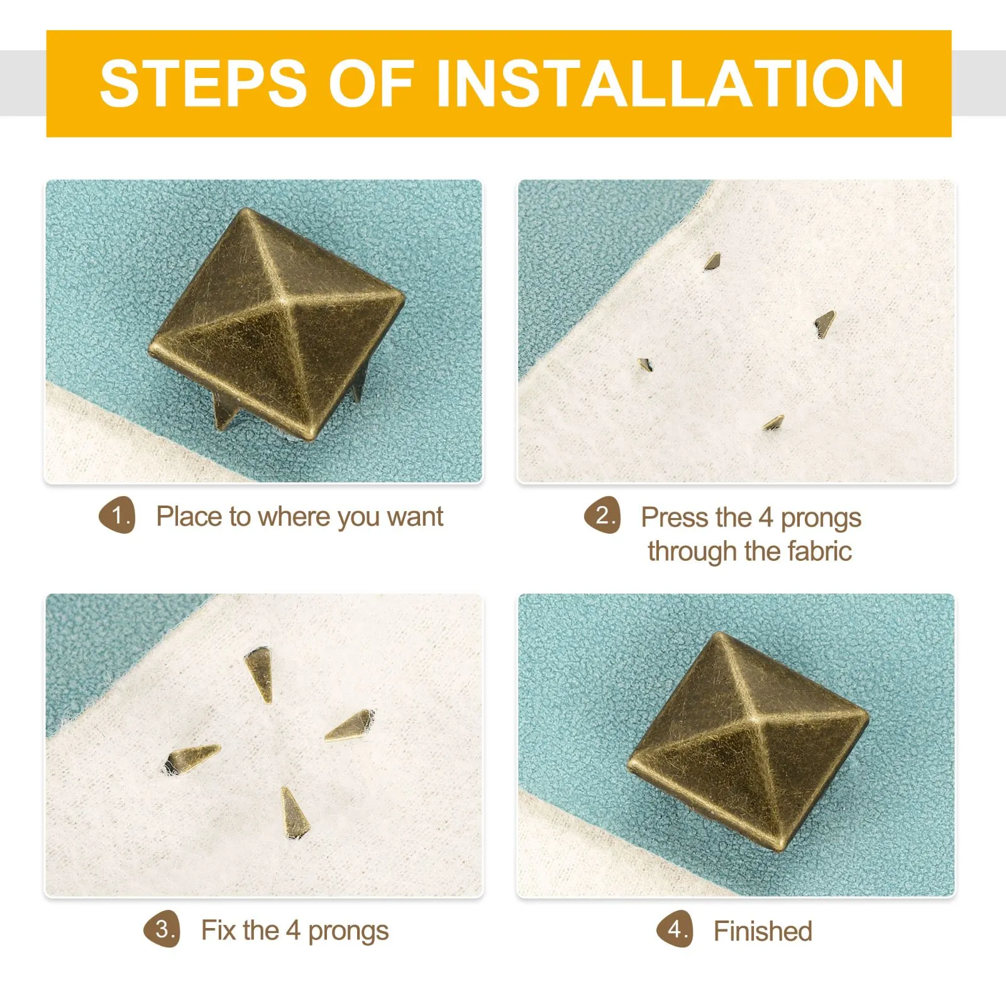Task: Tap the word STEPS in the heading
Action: [x=203, y=83]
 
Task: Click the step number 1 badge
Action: [x=118, y=516]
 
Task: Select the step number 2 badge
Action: [x=603, y=516]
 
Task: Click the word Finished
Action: [x=763, y=931]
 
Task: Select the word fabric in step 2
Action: [x=819, y=551]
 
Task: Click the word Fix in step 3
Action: [x=218, y=930]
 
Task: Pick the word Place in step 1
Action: [x=189, y=517]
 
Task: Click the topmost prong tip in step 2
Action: [x=712, y=260]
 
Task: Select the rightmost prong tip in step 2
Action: [x=824, y=323]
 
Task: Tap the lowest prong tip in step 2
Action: [x=773, y=423]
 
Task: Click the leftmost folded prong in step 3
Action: [x=191, y=758]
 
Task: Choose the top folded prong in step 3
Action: [x=259, y=674]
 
